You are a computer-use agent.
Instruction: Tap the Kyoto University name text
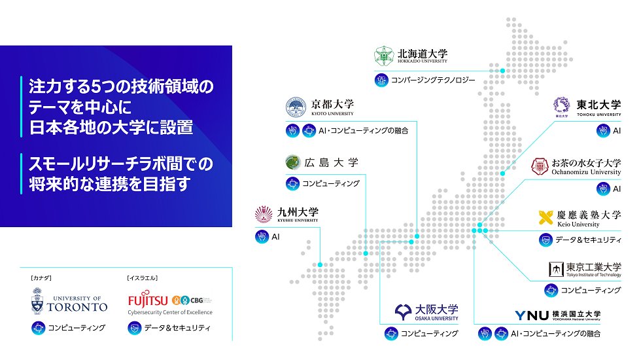pyautogui.click(x=332, y=104)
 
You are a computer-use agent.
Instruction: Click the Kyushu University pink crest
pyautogui.click(x=264, y=214)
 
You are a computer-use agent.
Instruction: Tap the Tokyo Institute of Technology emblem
pyautogui.click(x=555, y=269)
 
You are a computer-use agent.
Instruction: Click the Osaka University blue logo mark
pyautogui.click(x=404, y=311)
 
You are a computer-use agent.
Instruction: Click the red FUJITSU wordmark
pyautogui.click(x=147, y=300)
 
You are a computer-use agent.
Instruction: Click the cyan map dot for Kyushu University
pyautogui.click(x=320, y=264)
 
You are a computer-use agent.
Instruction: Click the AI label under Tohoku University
pyautogui.click(x=617, y=130)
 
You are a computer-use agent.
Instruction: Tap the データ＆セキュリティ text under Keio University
pyautogui.click(x=588, y=240)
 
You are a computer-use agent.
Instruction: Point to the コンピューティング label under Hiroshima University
pyautogui.click(x=331, y=184)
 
